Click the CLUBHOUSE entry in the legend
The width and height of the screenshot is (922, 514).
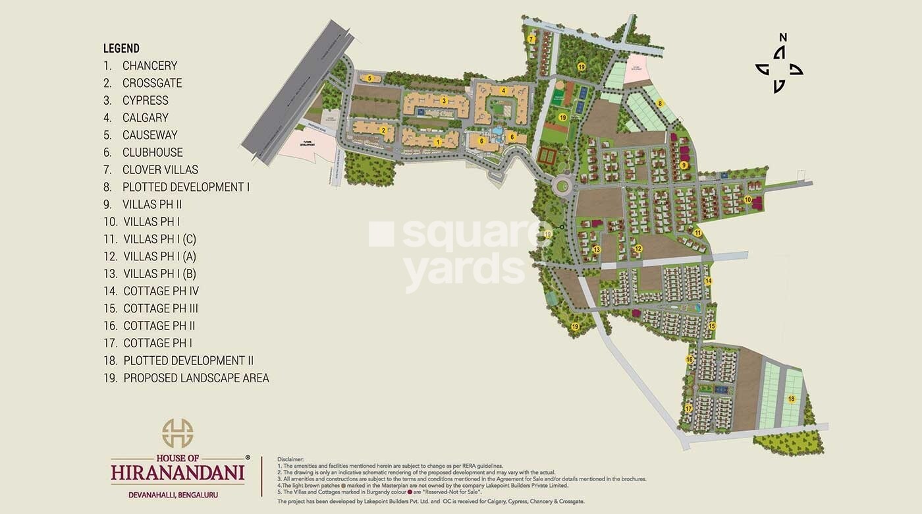(152, 152)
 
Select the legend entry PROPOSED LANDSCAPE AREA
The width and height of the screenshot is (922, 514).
(196, 378)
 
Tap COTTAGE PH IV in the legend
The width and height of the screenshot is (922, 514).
(161, 291)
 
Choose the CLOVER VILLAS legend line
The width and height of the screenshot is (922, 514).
(160, 170)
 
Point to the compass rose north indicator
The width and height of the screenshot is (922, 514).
(782, 38)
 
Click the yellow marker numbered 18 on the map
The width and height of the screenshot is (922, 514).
(791, 399)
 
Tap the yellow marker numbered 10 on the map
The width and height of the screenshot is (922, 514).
(747, 199)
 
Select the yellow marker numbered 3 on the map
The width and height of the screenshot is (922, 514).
(445, 101)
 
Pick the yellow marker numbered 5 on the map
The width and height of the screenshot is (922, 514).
(370, 78)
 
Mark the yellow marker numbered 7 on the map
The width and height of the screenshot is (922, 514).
(531, 40)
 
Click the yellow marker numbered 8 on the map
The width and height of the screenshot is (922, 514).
(660, 103)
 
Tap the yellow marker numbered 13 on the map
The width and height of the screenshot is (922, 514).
(597, 250)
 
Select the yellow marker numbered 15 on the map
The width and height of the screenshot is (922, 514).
(712, 326)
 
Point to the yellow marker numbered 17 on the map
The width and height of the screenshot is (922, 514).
(688, 409)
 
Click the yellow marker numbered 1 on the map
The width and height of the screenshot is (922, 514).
(438, 142)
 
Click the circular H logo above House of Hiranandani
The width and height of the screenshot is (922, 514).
(178, 433)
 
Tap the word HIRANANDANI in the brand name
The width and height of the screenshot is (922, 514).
(178, 472)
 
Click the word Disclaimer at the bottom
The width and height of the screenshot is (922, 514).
(290, 458)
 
